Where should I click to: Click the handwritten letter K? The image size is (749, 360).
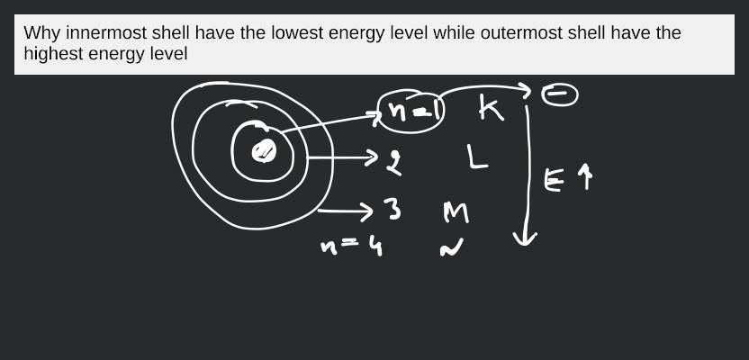click(x=491, y=109)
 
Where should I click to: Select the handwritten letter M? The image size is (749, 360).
click(x=456, y=212)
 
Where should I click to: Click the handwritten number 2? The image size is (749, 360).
click(x=394, y=163)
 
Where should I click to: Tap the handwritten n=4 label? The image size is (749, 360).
click(x=353, y=245)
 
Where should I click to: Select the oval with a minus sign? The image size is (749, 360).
click(x=559, y=95)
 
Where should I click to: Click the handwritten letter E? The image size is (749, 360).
click(x=554, y=180)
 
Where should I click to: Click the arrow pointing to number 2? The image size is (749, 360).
click(x=347, y=158)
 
